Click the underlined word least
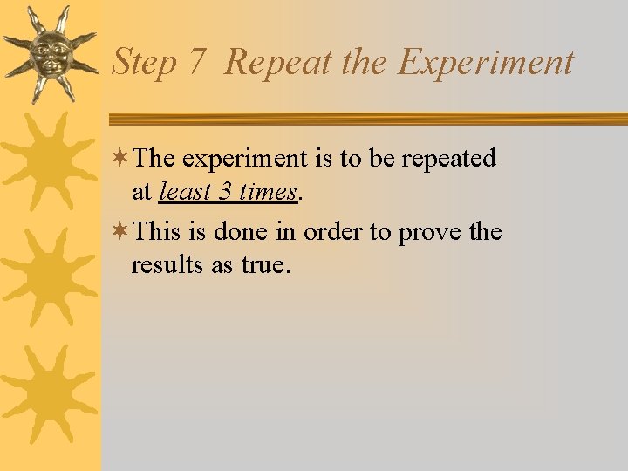click(185, 192)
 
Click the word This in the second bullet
click(158, 232)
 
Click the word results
click(167, 265)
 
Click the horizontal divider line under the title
click(366, 119)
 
